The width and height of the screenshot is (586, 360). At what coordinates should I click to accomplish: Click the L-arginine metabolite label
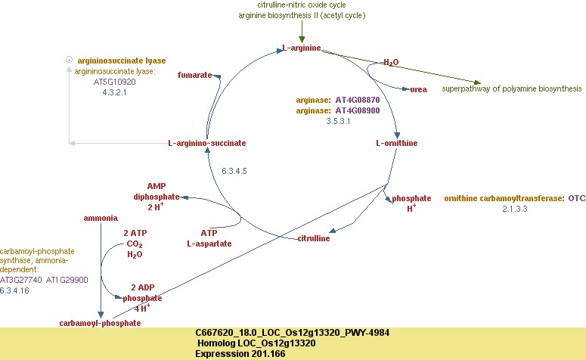point(301,49)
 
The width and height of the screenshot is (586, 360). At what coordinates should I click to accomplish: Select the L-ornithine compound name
point(396,142)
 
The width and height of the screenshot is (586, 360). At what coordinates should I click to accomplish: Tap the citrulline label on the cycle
point(313,239)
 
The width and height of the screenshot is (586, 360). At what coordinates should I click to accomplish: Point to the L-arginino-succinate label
point(206,143)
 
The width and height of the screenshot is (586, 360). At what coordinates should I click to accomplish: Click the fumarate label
point(194,76)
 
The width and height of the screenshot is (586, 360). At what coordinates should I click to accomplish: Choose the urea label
point(418,89)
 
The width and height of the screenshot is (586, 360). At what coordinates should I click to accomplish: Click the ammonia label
point(100,218)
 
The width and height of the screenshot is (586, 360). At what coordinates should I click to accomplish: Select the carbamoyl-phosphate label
point(100,323)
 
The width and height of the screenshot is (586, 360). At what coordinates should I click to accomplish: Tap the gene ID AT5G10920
point(115,81)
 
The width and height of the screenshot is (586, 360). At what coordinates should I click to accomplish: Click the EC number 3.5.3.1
point(338,121)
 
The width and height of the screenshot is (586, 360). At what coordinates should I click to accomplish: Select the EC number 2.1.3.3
point(514,208)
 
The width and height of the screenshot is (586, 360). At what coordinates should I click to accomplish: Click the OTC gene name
point(577,198)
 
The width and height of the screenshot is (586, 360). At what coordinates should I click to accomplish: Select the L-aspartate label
point(209,244)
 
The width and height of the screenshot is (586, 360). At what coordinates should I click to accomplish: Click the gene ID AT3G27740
point(21,280)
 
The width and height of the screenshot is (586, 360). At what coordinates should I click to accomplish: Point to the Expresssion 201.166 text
point(240,354)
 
